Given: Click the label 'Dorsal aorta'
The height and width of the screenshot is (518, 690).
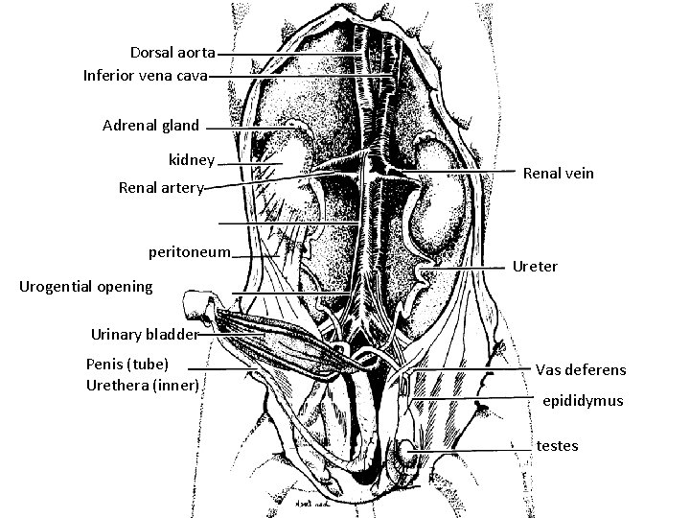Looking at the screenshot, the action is pos(172,51).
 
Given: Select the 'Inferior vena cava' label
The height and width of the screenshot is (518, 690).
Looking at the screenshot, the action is pos(145,74).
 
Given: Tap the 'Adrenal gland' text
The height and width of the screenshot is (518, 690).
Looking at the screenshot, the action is pos(150,125).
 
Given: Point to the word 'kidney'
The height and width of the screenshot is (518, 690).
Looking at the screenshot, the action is pos(191,160).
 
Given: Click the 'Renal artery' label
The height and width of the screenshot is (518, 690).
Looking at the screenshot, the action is pos(160,188).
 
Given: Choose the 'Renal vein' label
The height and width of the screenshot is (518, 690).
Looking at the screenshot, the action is pos(559,173).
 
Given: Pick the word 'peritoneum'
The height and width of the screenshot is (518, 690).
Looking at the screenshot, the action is pos(190,252).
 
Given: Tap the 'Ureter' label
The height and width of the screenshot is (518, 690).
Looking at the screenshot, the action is pos(535,266).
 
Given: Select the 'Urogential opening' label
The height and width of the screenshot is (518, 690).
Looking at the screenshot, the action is pos(85,286).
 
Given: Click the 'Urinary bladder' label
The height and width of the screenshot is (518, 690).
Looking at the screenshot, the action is pos(145,335).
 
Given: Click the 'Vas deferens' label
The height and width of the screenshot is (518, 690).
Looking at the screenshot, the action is pos(581,369).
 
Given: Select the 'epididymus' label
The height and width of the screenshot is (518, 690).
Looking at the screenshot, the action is pos(583,400).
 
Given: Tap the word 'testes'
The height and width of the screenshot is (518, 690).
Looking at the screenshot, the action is pos(557,445).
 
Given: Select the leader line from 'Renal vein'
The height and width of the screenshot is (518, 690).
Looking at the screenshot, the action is pos(460,172).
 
